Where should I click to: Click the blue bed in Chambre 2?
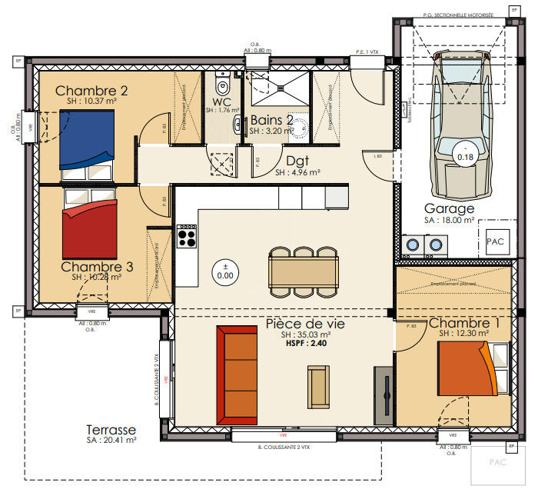(x=87, y=139)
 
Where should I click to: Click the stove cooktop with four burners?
(x=187, y=235)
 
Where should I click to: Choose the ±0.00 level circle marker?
(x=225, y=271)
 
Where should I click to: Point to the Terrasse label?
(x=111, y=430)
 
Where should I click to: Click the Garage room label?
(x=449, y=208)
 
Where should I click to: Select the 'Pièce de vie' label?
(x=305, y=324)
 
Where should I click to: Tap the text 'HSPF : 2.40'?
(x=305, y=344)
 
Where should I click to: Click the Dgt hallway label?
(x=297, y=161)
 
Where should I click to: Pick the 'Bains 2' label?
(x=271, y=121)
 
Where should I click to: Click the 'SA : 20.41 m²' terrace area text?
(x=111, y=441)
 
